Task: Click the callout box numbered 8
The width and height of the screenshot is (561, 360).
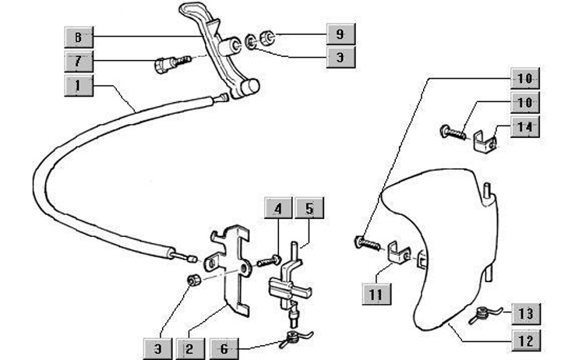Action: [x=78, y=36]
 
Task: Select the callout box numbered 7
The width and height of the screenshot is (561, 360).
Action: [x=78, y=60]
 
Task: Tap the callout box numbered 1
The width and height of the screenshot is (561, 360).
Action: [x=78, y=85]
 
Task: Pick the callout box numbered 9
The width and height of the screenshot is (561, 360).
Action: [x=340, y=34]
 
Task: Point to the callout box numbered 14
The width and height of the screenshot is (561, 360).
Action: [x=524, y=127]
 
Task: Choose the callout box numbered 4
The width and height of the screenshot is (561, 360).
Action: [x=278, y=209]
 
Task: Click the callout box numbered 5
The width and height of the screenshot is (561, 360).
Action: [x=309, y=209]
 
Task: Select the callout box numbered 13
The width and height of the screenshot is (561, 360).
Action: [x=524, y=314]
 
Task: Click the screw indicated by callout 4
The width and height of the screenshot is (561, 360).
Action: [x=273, y=260]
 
